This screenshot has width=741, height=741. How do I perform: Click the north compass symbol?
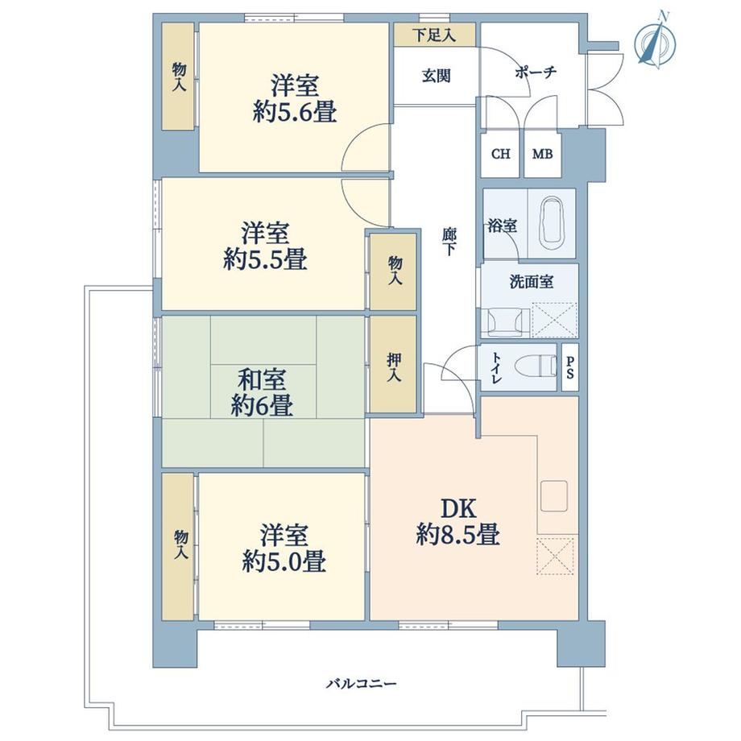coord(656,42)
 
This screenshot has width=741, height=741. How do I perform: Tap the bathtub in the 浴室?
coord(551,224)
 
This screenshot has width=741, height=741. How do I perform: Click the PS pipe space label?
coord(570,367)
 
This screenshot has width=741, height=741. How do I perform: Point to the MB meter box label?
coord(542,154)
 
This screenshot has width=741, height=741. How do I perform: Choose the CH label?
coord(501,154)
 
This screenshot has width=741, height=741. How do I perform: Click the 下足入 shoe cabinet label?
coord(434,35)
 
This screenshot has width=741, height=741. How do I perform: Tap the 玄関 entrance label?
coord(437,76)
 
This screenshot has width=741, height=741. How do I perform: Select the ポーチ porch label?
coord(536,72)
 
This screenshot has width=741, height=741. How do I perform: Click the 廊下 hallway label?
coord(449,242)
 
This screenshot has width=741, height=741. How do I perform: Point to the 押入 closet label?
coord(394,367)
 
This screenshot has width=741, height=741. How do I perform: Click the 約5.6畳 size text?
coord(295,113)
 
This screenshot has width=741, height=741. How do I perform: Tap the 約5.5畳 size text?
coord(265,259)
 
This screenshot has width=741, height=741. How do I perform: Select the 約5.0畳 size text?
coord(284,562)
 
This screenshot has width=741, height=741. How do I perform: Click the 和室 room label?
coord(261,379)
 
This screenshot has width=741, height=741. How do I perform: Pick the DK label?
coord(458,508)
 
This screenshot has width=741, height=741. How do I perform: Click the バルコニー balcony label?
coord(362,683)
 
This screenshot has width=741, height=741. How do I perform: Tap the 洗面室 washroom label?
coord(531,282)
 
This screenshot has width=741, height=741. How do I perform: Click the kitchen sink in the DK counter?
coord(554,496)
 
